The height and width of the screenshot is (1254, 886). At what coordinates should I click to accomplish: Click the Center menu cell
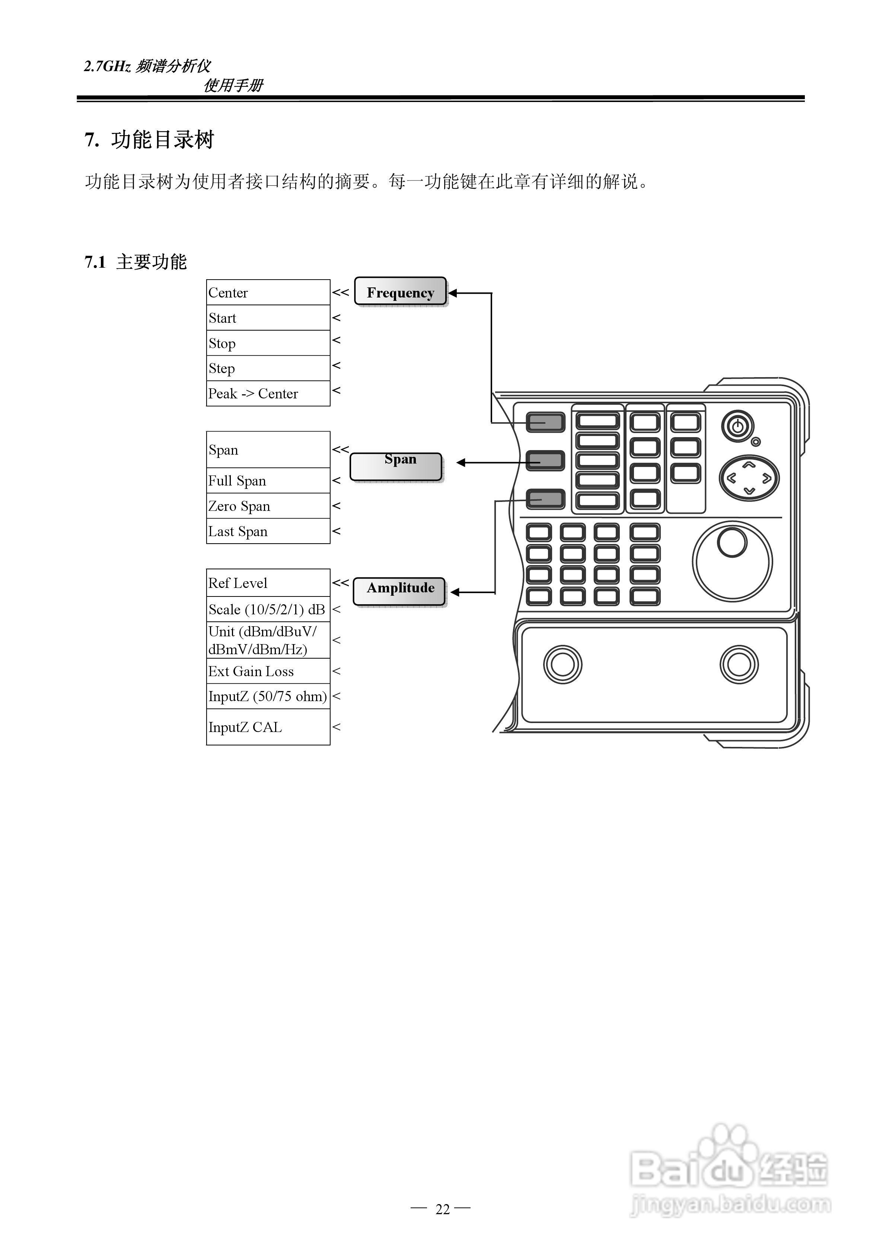268,292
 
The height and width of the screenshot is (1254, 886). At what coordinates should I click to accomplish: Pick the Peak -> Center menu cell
268,393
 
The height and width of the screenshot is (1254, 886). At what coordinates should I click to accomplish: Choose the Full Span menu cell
268,481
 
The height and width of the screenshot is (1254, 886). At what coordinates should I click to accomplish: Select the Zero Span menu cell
268,506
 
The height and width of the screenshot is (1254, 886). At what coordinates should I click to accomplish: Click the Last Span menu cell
268,531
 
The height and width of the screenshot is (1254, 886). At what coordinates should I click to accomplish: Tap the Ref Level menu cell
268,583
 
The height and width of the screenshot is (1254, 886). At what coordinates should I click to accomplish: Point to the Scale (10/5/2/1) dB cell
268,609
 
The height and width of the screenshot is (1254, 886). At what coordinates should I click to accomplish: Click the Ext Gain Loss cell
268,671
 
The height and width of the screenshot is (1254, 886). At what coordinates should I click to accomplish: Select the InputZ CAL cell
268,726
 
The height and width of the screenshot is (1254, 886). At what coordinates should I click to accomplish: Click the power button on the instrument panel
737,426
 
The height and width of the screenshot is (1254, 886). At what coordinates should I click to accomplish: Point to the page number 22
443,1209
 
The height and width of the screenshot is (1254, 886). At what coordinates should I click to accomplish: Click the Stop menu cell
268,343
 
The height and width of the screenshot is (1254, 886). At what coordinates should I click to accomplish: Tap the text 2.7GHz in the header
107,66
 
